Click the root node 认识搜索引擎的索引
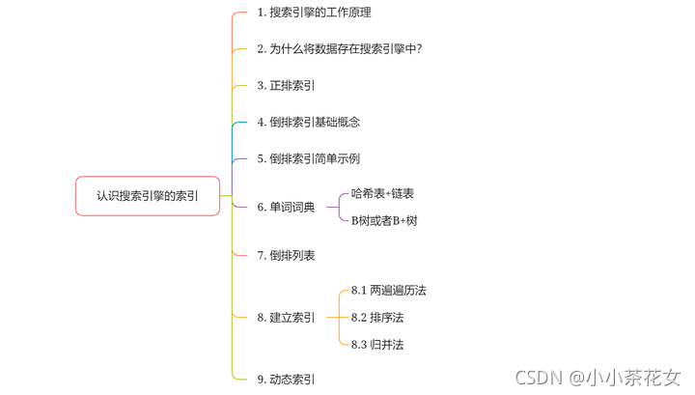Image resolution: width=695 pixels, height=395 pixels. tap(148, 195)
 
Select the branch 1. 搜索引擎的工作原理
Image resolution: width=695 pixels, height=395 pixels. tap(314, 13)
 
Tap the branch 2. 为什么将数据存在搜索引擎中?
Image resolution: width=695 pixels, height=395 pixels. tap(339, 49)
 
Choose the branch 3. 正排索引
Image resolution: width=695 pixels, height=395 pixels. tap(286, 86)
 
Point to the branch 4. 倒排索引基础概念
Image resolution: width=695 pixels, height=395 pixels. tap(308, 123)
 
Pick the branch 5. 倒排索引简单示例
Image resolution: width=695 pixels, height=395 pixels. tap(308, 158)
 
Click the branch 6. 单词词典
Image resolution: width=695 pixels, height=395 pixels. tap(286, 207)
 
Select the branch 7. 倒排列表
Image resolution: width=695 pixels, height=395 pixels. tap(286, 256)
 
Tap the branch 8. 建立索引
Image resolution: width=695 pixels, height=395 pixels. tap(286, 317)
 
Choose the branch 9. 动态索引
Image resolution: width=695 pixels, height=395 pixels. tap(286, 380)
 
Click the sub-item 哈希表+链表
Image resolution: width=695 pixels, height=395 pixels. tap(382, 194)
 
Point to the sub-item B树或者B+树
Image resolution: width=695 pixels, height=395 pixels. tap(384, 220)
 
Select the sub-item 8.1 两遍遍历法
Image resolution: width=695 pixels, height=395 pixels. tap(388, 290)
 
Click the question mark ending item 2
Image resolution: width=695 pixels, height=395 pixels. tap(418, 49)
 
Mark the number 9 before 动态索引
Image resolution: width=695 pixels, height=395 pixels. tap(260, 380)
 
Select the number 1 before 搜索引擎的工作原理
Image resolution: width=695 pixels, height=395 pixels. tap(260, 13)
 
